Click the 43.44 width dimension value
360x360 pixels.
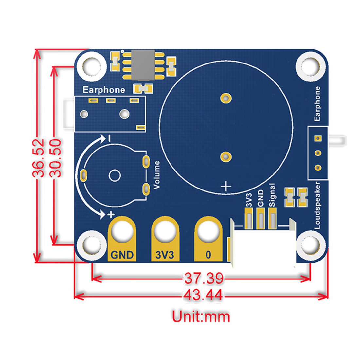point(203,296)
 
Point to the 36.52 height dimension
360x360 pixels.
point(39,158)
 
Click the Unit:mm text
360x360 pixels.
point(201,316)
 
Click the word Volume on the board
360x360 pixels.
point(157,175)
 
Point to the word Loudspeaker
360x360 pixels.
point(317,205)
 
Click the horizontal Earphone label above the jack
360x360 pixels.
point(104,90)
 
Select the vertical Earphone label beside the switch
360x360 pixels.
point(317,104)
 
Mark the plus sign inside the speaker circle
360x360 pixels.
point(226,186)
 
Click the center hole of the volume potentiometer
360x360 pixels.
point(115,175)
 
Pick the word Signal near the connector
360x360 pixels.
point(272,195)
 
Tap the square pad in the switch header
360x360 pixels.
point(317,139)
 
